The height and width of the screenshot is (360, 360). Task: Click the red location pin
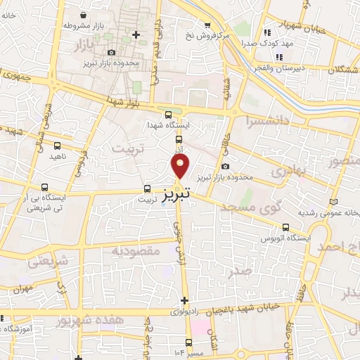tap(180, 167)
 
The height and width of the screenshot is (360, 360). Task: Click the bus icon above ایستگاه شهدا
tap(168, 115)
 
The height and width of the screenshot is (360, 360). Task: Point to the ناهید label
tap(56, 156)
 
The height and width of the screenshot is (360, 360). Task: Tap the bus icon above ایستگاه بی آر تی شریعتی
tap(45, 188)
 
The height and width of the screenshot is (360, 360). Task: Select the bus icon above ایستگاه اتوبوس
tap(285, 227)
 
